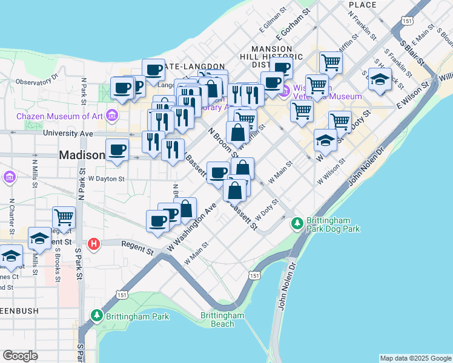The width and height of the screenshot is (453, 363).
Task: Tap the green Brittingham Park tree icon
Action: [96, 316]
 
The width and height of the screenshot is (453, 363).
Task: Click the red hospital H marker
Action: [94, 244]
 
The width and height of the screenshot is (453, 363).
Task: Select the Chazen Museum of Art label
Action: [60, 116]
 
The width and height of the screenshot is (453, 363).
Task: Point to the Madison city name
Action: [82, 155]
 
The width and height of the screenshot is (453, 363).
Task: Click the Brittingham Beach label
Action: [223, 319]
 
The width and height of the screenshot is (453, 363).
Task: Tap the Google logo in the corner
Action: [20, 355]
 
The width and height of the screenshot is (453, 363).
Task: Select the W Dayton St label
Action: [106, 178]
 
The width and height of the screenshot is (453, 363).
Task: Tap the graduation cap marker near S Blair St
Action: [379, 79]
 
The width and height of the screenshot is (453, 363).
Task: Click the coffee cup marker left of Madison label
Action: [117, 149]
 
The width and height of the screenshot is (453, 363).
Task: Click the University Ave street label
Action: [68, 133]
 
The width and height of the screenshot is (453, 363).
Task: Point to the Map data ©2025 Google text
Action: [415, 358]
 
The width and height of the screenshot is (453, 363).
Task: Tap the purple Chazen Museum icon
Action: [111, 115]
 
